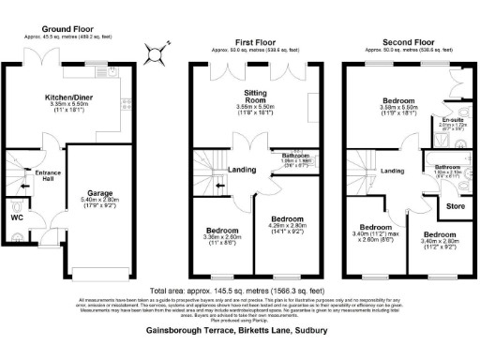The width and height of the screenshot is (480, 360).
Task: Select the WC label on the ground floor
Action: (17, 217)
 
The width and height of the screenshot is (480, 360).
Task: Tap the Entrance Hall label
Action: (48, 176)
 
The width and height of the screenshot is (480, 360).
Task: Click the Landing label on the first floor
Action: (241, 170)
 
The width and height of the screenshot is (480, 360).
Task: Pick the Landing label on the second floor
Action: (392, 171)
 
